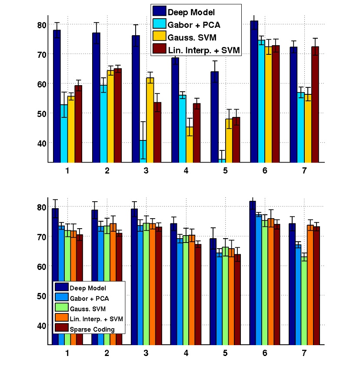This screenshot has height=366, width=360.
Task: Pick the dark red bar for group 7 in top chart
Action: [315, 104]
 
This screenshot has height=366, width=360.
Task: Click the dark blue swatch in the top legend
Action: [159, 11]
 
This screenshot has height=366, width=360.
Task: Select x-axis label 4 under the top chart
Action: [186, 170]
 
